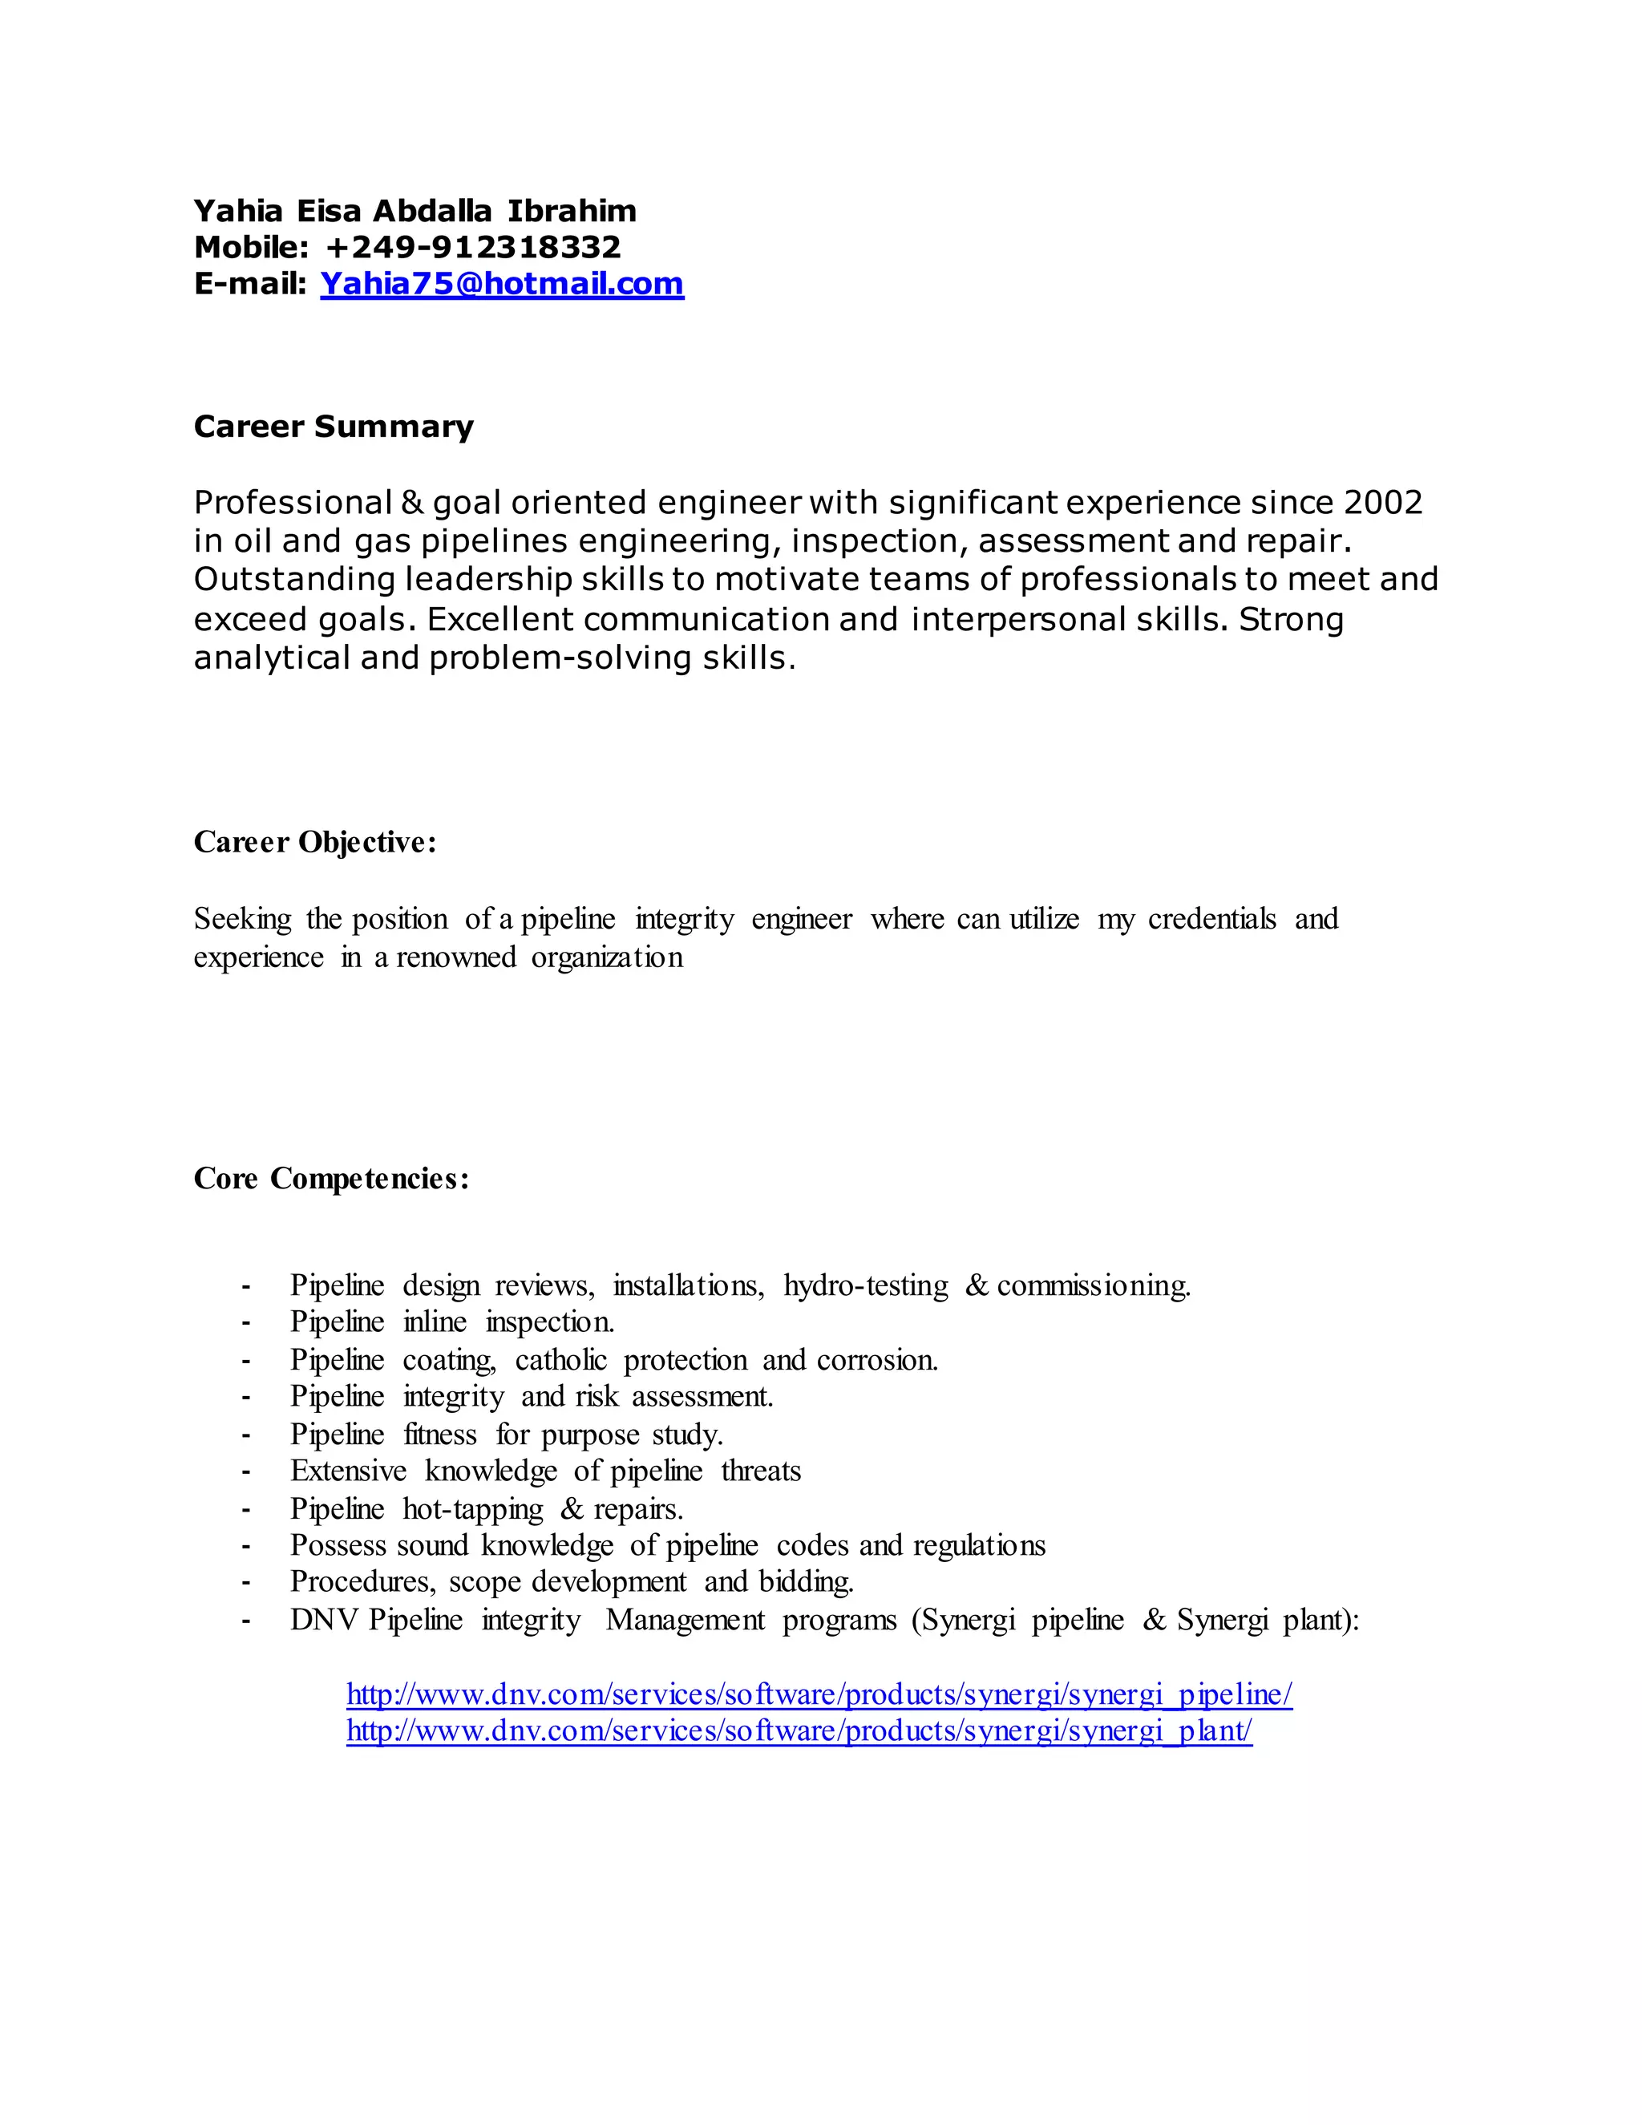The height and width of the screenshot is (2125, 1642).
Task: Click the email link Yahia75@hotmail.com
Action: [x=502, y=283]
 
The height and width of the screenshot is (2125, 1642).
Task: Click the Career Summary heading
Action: [x=334, y=426]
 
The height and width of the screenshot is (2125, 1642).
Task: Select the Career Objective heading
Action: [x=315, y=842]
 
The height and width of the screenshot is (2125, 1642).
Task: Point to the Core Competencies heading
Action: [x=332, y=1178]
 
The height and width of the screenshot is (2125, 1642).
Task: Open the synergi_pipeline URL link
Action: [x=819, y=1694]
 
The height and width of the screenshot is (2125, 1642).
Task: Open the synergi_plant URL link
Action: [x=799, y=1730]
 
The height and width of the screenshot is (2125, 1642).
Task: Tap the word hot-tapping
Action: [x=473, y=1508]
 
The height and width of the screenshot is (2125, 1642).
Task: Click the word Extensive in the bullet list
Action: [x=348, y=1470]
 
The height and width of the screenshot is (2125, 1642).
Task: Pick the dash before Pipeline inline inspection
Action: [x=246, y=1322]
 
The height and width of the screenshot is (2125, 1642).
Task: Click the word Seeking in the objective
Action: [x=242, y=918]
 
